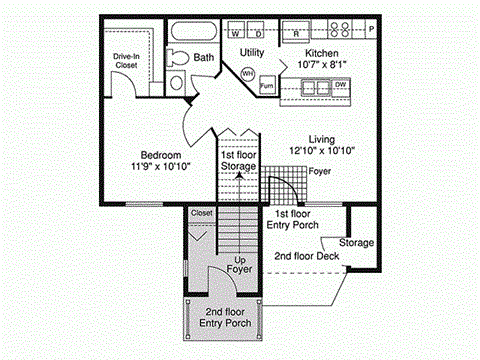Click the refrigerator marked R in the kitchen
click(297, 31)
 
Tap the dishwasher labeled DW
click(341, 86)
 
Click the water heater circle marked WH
click(247, 74)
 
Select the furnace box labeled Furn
click(267, 87)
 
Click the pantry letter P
click(372, 30)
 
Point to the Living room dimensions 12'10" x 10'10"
click(322, 150)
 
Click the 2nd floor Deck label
click(307, 256)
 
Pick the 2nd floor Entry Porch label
click(226, 317)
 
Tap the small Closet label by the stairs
click(202, 213)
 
